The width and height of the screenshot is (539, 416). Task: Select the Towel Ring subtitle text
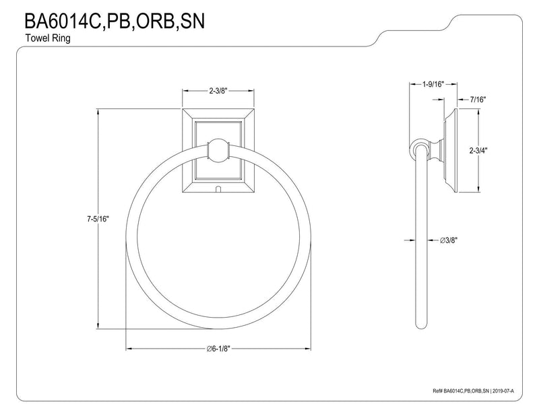pos(48,38)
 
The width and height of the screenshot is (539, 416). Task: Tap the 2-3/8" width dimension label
pos(218,91)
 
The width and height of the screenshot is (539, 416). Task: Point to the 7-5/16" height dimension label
pos(98,219)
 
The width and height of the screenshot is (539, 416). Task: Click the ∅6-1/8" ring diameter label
pos(218,349)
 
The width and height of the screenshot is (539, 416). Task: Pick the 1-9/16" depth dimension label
pos(433,84)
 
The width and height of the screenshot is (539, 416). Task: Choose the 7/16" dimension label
pos(478,100)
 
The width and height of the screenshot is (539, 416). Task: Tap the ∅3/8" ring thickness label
pos(449,240)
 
